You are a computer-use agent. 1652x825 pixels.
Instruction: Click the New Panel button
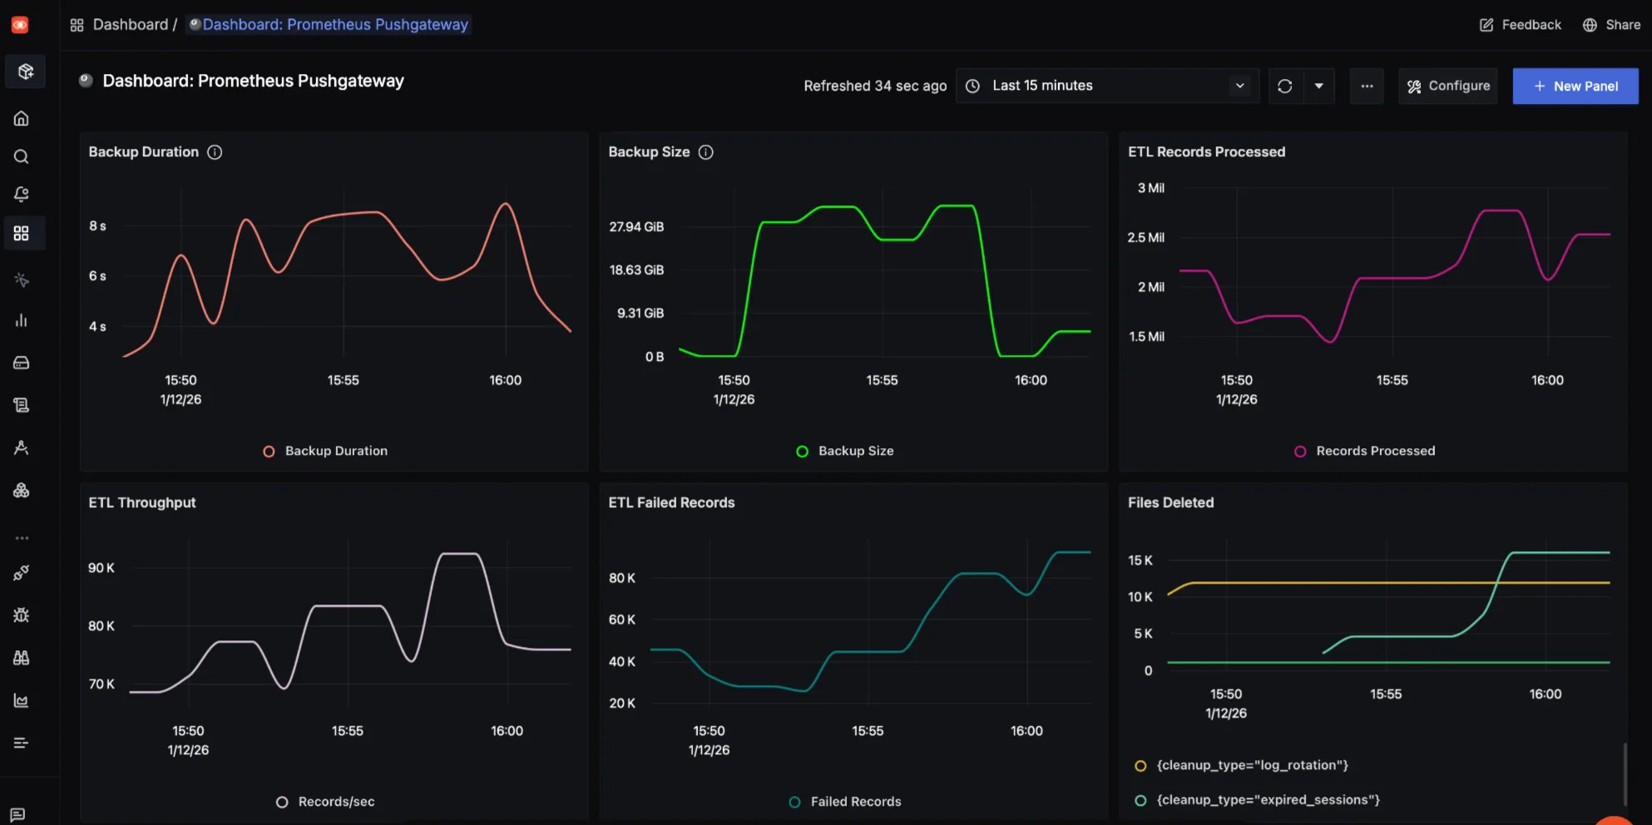coord(1575,86)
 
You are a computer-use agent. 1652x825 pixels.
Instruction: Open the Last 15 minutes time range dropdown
coord(1108,86)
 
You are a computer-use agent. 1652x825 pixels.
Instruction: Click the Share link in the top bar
coord(1611,25)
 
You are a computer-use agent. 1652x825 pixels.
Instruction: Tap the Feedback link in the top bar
coord(1521,25)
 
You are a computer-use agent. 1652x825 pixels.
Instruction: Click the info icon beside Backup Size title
coord(705,152)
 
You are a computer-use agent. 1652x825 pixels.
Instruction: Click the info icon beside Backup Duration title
coord(215,152)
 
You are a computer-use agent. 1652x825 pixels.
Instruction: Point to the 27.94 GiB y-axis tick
coord(636,227)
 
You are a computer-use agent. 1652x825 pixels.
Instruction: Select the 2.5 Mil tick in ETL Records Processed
coord(1145,238)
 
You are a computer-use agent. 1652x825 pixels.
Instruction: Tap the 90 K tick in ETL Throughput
coord(101,568)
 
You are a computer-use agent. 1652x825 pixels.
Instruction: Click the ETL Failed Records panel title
coord(671,503)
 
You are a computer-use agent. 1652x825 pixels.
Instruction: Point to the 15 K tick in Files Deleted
coord(1140,561)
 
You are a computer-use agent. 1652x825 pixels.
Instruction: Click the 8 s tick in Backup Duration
coord(97,226)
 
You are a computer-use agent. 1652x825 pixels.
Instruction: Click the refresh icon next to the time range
coord(1284,86)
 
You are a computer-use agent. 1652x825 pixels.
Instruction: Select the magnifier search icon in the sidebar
coord(22,157)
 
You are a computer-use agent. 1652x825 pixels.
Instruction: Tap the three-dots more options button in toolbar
coord(1367,86)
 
